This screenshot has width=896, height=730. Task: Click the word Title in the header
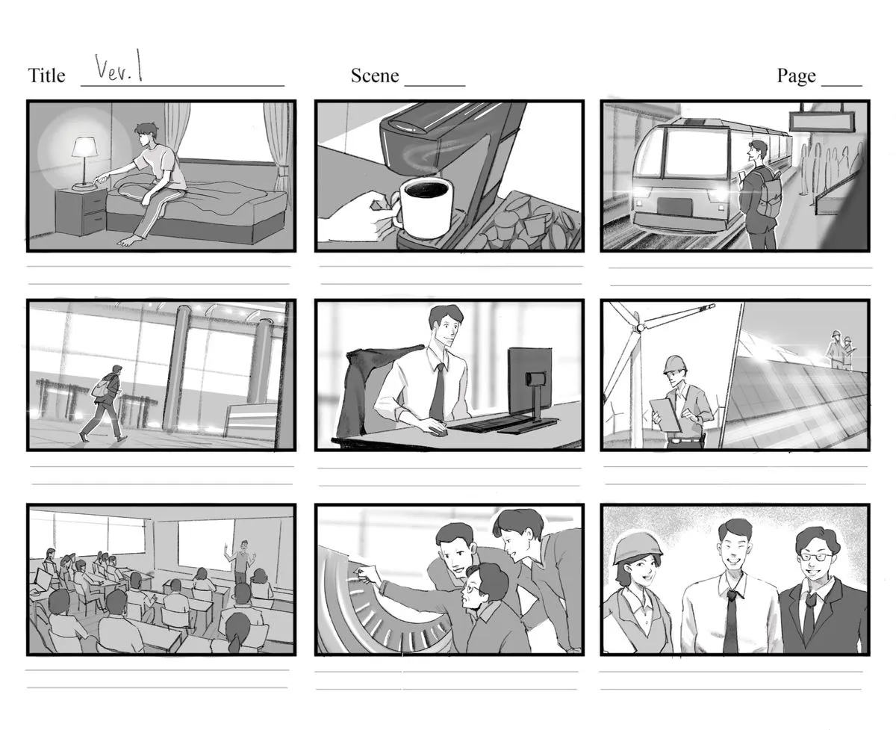(47, 75)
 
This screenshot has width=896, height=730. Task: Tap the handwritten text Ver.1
(119, 66)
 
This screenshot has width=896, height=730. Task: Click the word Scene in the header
(375, 75)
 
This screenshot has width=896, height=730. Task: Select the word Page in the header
(796, 76)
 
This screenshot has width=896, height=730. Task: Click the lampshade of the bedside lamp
(84, 147)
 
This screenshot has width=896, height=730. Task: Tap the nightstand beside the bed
(81, 211)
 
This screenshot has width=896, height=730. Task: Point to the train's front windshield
(696, 152)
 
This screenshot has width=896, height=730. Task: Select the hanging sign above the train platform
(821, 121)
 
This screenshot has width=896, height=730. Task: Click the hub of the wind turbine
(640, 327)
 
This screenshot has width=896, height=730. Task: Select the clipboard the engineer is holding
(665, 414)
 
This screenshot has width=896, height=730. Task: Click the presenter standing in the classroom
(241, 562)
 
